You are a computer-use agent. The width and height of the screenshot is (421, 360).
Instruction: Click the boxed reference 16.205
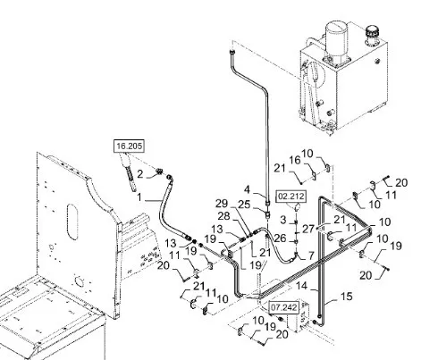point(130,146)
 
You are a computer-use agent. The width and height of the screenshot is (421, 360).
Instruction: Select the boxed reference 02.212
point(291,197)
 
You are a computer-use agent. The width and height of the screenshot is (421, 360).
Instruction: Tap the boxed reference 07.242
point(283,306)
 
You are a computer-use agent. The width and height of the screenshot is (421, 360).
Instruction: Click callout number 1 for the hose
point(139,197)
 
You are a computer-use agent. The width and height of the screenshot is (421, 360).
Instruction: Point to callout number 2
point(140,174)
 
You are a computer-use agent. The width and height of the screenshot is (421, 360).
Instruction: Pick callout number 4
point(248,189)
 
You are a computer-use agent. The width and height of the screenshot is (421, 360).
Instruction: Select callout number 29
point(222,204)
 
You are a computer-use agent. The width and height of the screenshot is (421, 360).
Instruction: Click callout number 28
point(223,216)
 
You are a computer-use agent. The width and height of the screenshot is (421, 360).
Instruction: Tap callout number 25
point(244,205)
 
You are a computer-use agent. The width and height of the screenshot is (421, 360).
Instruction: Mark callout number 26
point(280,238)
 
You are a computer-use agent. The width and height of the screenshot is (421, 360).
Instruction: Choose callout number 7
point(311,255)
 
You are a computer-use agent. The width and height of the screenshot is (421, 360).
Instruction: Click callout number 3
point(283,220)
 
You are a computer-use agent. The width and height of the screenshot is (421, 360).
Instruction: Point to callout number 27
point(308,229)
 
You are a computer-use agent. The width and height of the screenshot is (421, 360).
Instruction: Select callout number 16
point(295,160)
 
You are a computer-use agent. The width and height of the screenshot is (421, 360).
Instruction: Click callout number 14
point(301,286)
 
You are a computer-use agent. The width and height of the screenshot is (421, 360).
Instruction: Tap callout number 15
point(347,297)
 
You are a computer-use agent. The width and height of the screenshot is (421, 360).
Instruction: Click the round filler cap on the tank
point(372,30)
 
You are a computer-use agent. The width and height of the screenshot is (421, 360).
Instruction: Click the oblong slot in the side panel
point(72,222)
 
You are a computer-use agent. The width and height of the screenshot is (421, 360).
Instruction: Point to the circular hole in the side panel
point(79,280)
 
